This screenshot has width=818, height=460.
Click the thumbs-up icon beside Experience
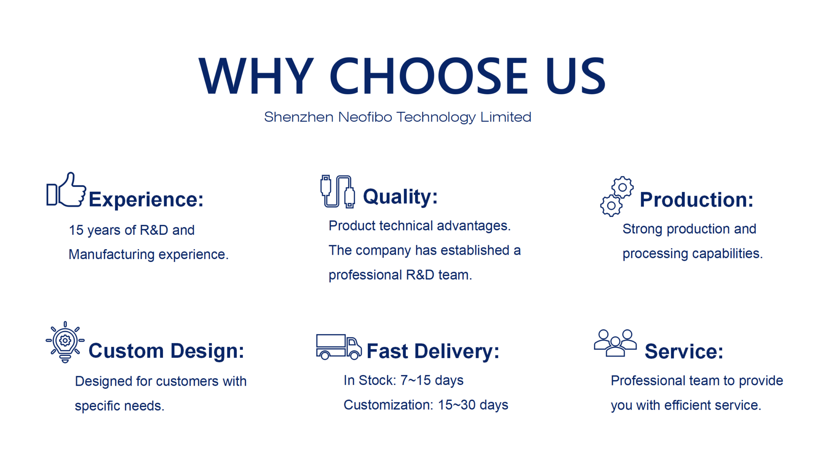tap(66, 190)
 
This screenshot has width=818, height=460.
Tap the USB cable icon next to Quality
tap(338, 192)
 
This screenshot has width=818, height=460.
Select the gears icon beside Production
tap(617, 196)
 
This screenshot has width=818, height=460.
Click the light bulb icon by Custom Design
tap(65, 342)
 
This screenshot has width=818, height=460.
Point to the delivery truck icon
tap(339, 347)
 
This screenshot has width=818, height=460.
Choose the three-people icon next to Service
tap(615, 343)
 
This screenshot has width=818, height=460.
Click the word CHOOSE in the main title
tap(429, 76)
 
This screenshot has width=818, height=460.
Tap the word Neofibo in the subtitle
tap(365, 117)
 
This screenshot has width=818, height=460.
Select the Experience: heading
tap(146, 200)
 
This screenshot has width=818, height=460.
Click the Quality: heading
tap(400, 197)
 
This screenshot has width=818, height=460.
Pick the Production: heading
tap(697, 200)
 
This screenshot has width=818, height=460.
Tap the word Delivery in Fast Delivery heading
tap(457, 352)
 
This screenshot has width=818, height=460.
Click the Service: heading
tap(684, 352)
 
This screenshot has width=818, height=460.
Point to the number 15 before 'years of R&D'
tap(76, 230)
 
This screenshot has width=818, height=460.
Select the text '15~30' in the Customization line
tap(457, 405)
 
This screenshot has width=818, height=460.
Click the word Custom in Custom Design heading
tap(126, 351)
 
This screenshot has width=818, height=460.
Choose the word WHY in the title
tap(256, 76)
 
